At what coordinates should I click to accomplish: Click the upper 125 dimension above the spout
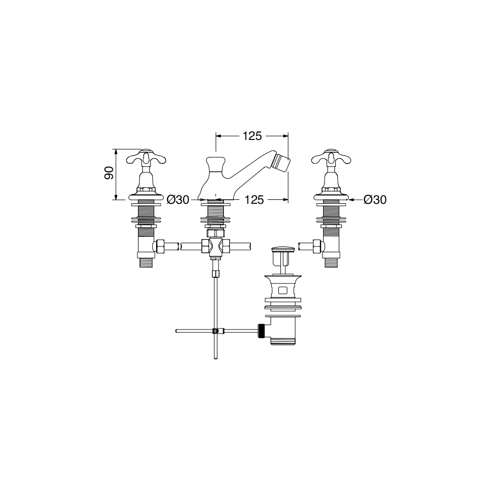[x=252, y=136]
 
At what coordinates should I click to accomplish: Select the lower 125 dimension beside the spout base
[x=254, y=199]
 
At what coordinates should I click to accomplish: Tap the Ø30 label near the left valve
[x=178, y=199]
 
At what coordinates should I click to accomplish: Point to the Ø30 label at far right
[x=375, y=199]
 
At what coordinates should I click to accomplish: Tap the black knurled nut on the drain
[x=261, y=330]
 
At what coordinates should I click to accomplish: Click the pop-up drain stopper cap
[x=283, y=249]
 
